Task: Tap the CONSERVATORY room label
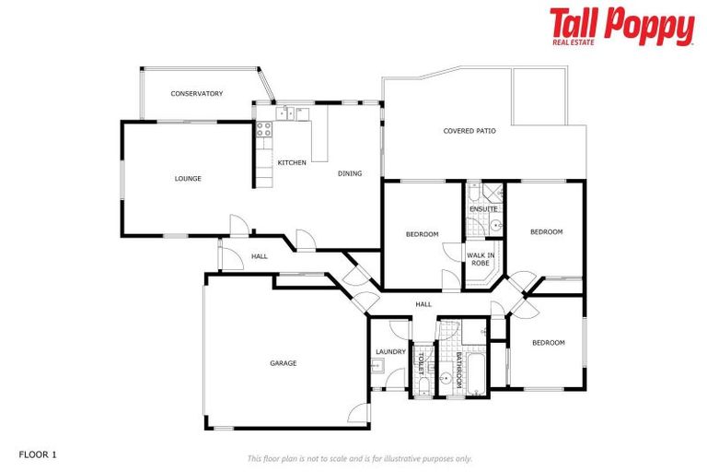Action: [x=197, y=93]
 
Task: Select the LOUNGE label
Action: [x=188, y=178]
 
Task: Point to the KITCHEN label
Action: [x=292, y=163]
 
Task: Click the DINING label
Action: [x=350, y=173]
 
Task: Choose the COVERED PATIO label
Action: [x=469, y=131]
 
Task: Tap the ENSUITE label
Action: [x=483, y=209]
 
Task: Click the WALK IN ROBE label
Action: [x=481, y=258]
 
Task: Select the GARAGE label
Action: [x=283, y=363]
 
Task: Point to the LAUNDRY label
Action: [x=390, y=351]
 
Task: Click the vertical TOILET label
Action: [x=422, y=364]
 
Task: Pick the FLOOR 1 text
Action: [x=38, y=454]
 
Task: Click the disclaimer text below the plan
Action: [x=359, y=458]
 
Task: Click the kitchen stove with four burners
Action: [x=264, y=129]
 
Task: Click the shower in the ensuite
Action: [x=491, y=194]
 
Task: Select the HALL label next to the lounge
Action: [x=260, y=255]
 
